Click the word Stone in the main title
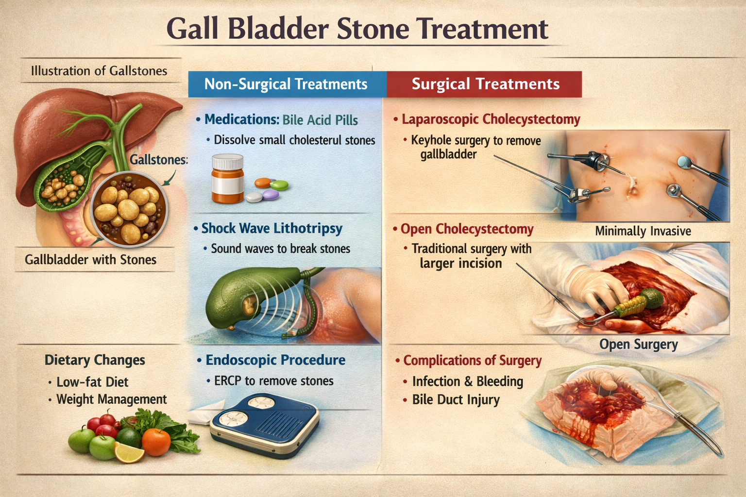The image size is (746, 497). pos(373,29)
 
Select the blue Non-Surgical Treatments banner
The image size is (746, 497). pos(286,84)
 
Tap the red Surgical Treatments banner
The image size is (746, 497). pos(485,84)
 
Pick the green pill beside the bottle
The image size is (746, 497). pos(279,185)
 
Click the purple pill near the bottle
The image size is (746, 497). pos(271,195)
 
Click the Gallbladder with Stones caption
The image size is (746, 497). pos(91,260)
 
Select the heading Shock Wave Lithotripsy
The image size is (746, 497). pos(272,228)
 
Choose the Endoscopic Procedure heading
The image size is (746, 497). pos(275,360)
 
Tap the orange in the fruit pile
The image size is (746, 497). pos(156,441)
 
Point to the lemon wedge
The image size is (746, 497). pos(129,453)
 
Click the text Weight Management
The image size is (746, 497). pos(111,399)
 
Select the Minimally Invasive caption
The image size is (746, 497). pos(643,231)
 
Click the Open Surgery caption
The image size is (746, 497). pos(638,345)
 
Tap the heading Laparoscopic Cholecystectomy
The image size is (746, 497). pos(491,119)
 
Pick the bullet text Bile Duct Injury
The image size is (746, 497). pos(456,400)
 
